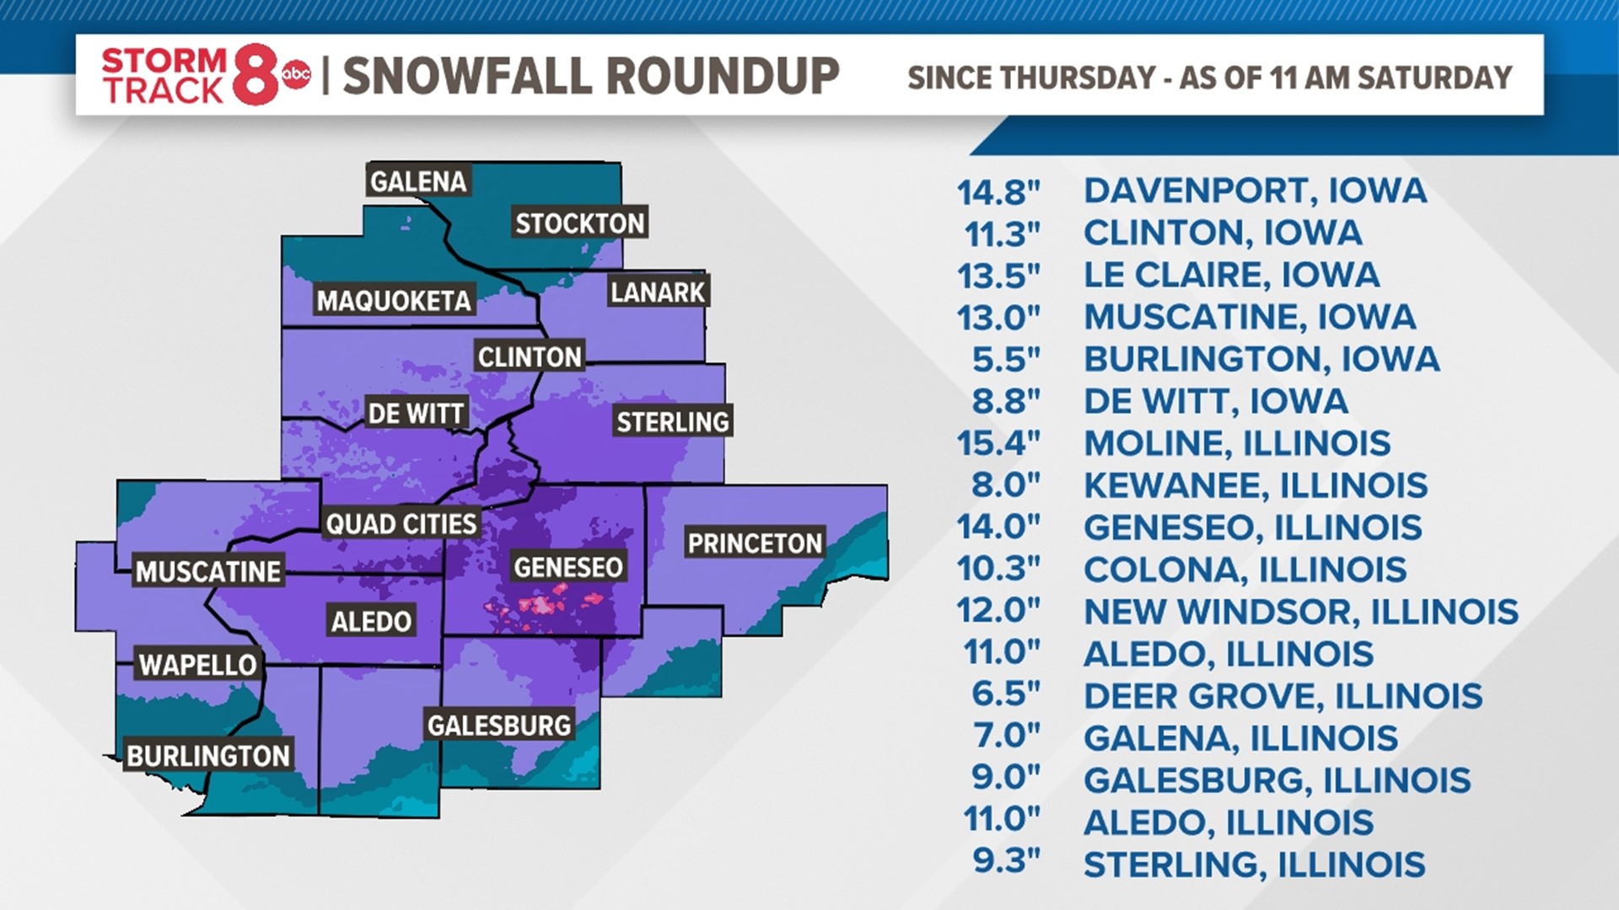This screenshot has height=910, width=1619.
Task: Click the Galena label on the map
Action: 417,181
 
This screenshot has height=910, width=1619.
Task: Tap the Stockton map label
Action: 580,223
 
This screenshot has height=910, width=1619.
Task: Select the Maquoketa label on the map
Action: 394,301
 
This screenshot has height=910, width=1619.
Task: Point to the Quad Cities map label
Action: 401,524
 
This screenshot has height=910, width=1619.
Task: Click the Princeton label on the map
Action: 755,543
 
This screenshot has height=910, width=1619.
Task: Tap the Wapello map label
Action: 197,665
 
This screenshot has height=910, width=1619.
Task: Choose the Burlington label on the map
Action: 208,756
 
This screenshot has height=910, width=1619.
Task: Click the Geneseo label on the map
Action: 568,567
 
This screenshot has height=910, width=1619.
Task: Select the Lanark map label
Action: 658,292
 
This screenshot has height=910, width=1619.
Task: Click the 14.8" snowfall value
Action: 998,193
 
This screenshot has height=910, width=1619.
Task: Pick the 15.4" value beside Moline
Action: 998,444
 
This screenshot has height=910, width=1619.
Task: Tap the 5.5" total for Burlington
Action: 1006,360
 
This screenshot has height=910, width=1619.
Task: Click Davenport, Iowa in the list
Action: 1255,191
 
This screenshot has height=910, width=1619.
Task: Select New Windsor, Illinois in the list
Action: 1300,612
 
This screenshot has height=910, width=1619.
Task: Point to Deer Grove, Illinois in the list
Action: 1283,696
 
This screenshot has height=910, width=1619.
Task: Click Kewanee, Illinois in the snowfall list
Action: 1256,485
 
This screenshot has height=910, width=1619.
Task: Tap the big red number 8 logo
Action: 255,75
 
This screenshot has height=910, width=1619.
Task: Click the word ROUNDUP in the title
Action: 723,77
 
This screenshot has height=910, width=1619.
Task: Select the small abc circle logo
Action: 296,76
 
